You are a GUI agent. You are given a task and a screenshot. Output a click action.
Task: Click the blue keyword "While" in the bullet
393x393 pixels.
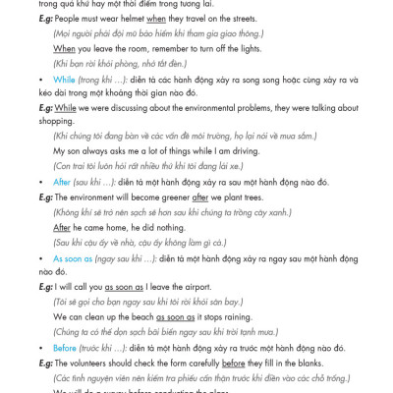coord(64,80)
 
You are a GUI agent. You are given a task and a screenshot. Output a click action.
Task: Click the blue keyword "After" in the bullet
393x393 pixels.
coord(62,182)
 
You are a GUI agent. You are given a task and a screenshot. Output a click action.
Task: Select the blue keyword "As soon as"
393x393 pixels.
coord(73,258)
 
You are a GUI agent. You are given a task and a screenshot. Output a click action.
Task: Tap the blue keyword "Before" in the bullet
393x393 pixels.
coord(64,348)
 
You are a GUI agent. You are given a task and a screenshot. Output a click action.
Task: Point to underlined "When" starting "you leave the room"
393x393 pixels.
coord(64,48)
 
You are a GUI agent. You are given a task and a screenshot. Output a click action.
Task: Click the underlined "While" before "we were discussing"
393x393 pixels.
coord(65,108)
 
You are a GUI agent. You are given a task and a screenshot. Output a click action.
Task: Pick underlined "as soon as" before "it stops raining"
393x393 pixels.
coord(176,317)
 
